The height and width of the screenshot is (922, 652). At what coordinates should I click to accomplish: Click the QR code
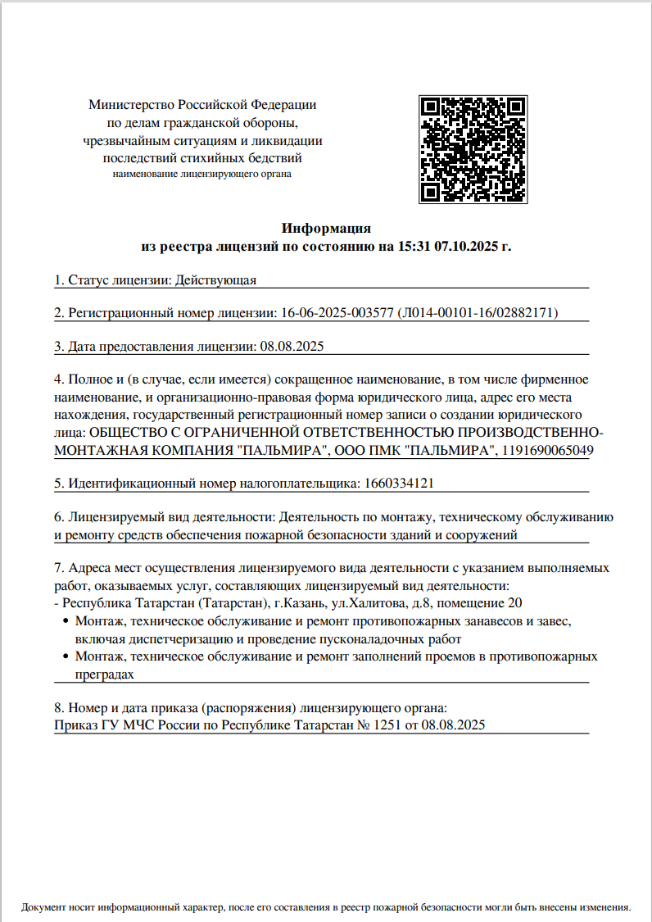click(472, 149)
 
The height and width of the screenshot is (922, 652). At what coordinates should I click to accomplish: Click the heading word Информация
click(327, 228)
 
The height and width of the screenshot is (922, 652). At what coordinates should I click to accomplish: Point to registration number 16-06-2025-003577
click(336, 313)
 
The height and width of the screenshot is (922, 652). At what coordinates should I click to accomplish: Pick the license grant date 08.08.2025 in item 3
click(292, 346)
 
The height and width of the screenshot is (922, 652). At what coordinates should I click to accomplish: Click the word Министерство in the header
click(131, 105)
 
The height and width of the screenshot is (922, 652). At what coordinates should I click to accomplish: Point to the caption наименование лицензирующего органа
click(201, 174)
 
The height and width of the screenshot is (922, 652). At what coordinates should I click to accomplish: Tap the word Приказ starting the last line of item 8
click(75, 725)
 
